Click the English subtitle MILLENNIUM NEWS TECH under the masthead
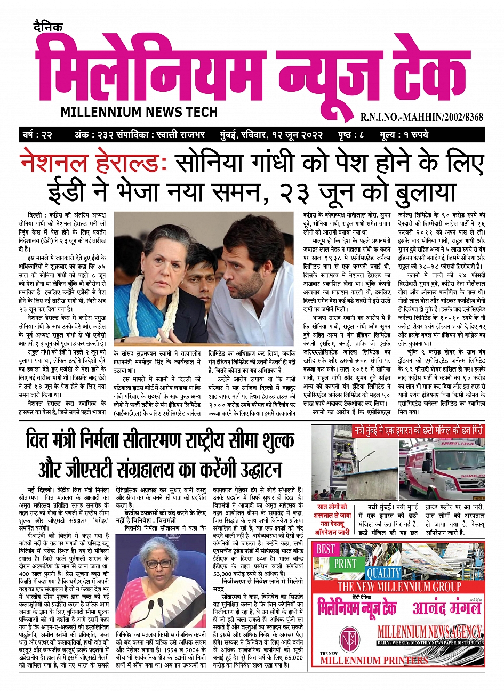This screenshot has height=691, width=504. [139, 112]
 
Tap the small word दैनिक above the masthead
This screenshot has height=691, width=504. [46, 26]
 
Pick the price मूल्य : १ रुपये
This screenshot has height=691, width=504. [404, 134]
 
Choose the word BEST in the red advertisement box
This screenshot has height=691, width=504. [326, 549]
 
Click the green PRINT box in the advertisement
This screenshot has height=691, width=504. [346, 563]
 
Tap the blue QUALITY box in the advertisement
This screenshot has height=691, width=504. [383, 573]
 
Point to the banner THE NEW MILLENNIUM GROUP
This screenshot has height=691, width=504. [399, 587]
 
